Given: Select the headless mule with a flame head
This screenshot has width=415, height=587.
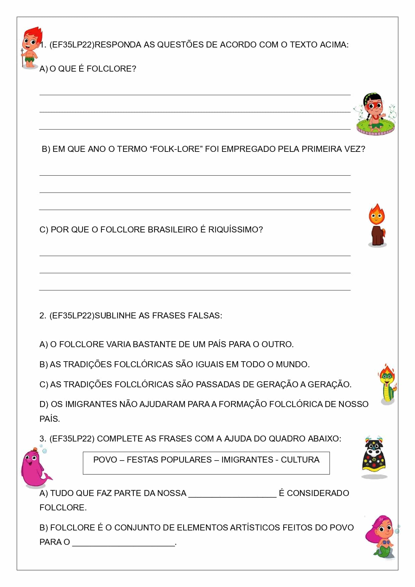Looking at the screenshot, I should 377,226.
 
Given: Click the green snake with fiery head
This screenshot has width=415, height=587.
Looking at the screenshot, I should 387,385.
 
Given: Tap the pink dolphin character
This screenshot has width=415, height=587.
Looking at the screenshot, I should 33,467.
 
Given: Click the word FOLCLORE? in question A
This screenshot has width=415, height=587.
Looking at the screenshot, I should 111,69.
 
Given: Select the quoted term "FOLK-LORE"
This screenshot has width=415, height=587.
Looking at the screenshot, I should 177,149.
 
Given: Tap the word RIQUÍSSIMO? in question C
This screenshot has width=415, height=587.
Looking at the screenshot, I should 235,230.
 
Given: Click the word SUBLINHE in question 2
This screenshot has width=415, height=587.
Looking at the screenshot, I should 115,316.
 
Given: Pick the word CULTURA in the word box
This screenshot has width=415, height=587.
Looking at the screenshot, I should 300,460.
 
